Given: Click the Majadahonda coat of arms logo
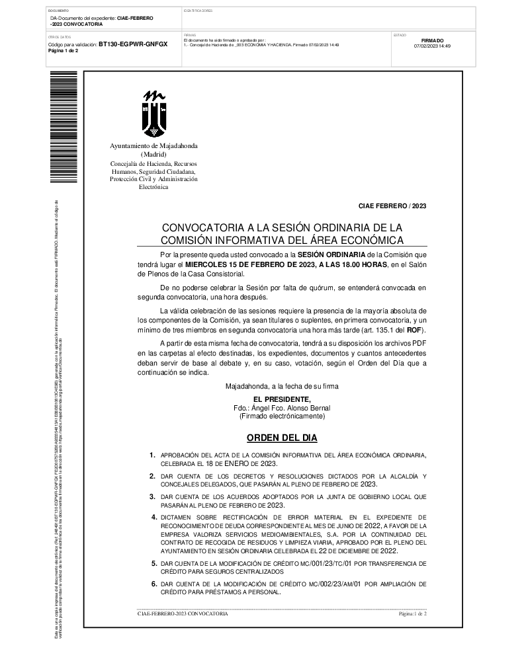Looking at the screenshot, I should (x=154, y=114).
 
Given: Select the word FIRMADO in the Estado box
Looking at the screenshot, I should (x=432, y=40).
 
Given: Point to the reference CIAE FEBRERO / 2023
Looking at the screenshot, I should (x=393, y=206).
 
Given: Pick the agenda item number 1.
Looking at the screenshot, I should (x=152, y=455).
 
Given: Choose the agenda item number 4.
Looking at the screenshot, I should (x=152, y=517).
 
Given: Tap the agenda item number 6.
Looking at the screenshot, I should (x=152, y=584).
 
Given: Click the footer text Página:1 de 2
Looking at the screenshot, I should (x=413, y=614).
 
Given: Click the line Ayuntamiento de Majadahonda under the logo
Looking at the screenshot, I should (x=153, y=145).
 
